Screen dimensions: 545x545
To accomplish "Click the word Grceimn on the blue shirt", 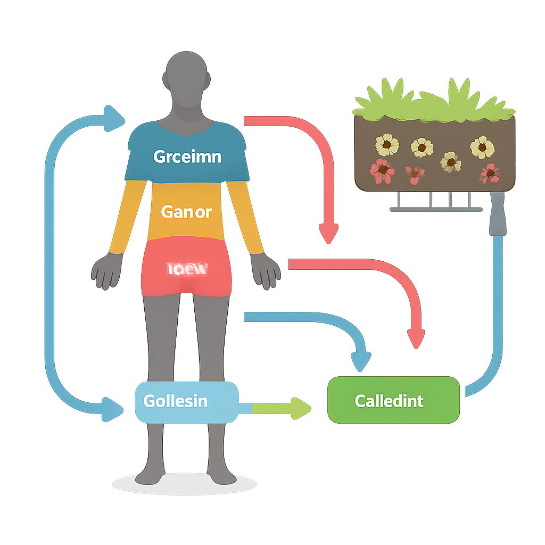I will pos(187,157).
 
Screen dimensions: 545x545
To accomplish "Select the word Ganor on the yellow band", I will pos(186,212).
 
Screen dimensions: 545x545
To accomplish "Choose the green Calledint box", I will pos(393,401).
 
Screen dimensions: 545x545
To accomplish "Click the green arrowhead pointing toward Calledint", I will pos(301,408).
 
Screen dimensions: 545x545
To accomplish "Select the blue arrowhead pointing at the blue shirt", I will pos(114,118).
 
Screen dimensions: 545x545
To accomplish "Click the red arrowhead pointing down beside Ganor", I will pos(328,233).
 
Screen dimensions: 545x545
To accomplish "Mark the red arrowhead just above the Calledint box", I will pos(416,338).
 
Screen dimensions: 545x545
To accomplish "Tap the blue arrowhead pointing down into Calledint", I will pos(361,361).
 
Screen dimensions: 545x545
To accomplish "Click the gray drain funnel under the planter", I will pos(498,216).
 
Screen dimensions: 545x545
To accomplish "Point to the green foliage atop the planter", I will pos(434,101).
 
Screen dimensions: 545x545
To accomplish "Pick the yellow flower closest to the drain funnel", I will pos(482,147).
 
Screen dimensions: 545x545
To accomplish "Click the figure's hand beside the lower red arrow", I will pos(266,271).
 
